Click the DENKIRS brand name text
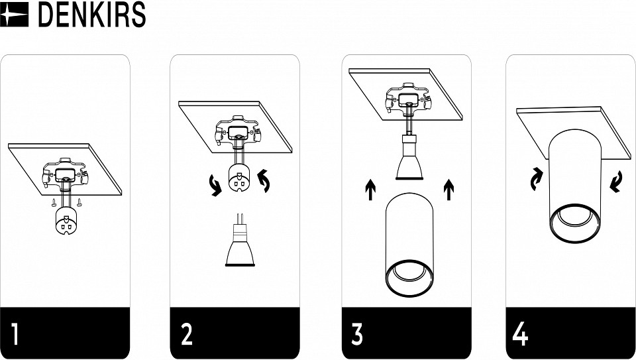(x=91, y=15)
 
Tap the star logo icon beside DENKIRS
(x=14, y=15)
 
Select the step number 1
(x=15, y=333)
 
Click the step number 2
(x=187, y=333)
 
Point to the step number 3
(x=357, y=333)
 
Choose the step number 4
(x=521, y=333)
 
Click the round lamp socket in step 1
(x=66, y=220)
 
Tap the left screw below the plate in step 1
(x=54, y=202)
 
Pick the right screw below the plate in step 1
(x=79, y=202)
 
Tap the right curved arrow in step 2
(x=264, y=180)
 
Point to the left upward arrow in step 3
(x=370, y=190)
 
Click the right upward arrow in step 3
(x=449, y=190)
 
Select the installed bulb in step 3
(x=410, y=158)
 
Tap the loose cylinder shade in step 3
(x=409, y=245)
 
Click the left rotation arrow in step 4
(x=537, y=179)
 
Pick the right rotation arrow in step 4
(x=615, y=182)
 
